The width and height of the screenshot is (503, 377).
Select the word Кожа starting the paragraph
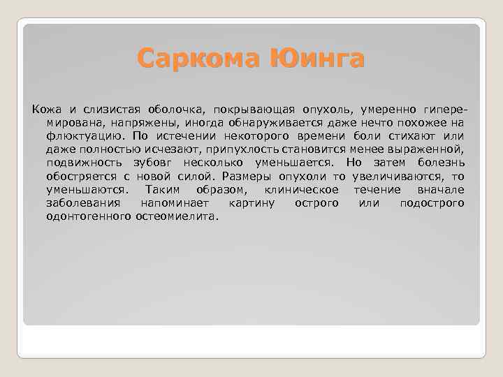click(45, 110)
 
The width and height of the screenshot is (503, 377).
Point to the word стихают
click(406, 136)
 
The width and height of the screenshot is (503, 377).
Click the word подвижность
click(80, 163)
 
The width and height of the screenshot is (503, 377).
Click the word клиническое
click(302, 189)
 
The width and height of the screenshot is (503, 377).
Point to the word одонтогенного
click(88, 216)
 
